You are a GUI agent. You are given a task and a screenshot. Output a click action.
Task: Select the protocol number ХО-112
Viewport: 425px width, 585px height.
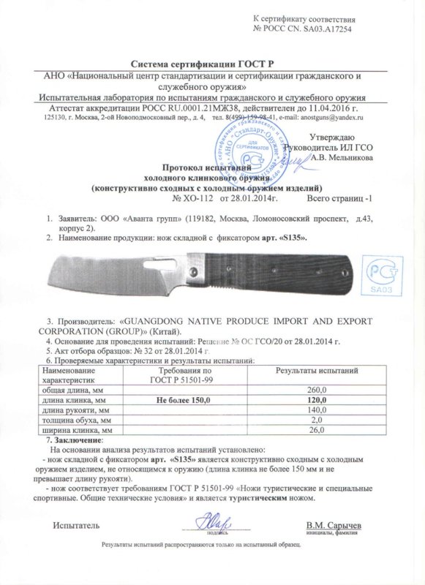coord(197,198)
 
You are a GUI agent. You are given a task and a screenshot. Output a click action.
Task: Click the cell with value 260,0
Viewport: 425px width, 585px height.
coord(317,390)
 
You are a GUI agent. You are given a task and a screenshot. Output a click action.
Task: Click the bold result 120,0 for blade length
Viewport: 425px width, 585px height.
coord(317,400)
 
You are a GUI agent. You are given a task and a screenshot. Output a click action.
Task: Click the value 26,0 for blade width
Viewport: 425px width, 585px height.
coord(317,431)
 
